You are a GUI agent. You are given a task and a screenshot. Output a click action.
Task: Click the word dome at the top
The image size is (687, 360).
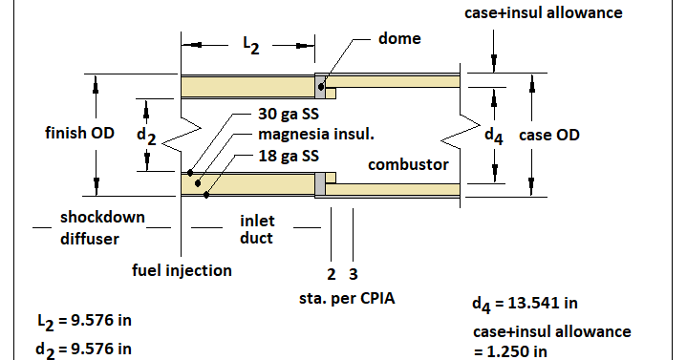[x=398, y=39]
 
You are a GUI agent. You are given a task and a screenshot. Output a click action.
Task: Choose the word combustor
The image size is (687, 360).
[x=408, y=165]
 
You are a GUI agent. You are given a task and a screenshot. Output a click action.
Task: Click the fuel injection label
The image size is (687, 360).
[x=182, y=270]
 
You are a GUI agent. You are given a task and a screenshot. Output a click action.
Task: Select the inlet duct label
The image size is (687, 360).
[x=257, y=229]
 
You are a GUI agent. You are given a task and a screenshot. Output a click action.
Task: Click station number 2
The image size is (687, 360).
[x=331, y=275]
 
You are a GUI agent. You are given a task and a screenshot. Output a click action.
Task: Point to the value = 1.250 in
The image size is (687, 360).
[x=511, y=349]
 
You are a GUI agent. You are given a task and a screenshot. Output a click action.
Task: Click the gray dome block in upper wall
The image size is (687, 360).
[x=320, y=87]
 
